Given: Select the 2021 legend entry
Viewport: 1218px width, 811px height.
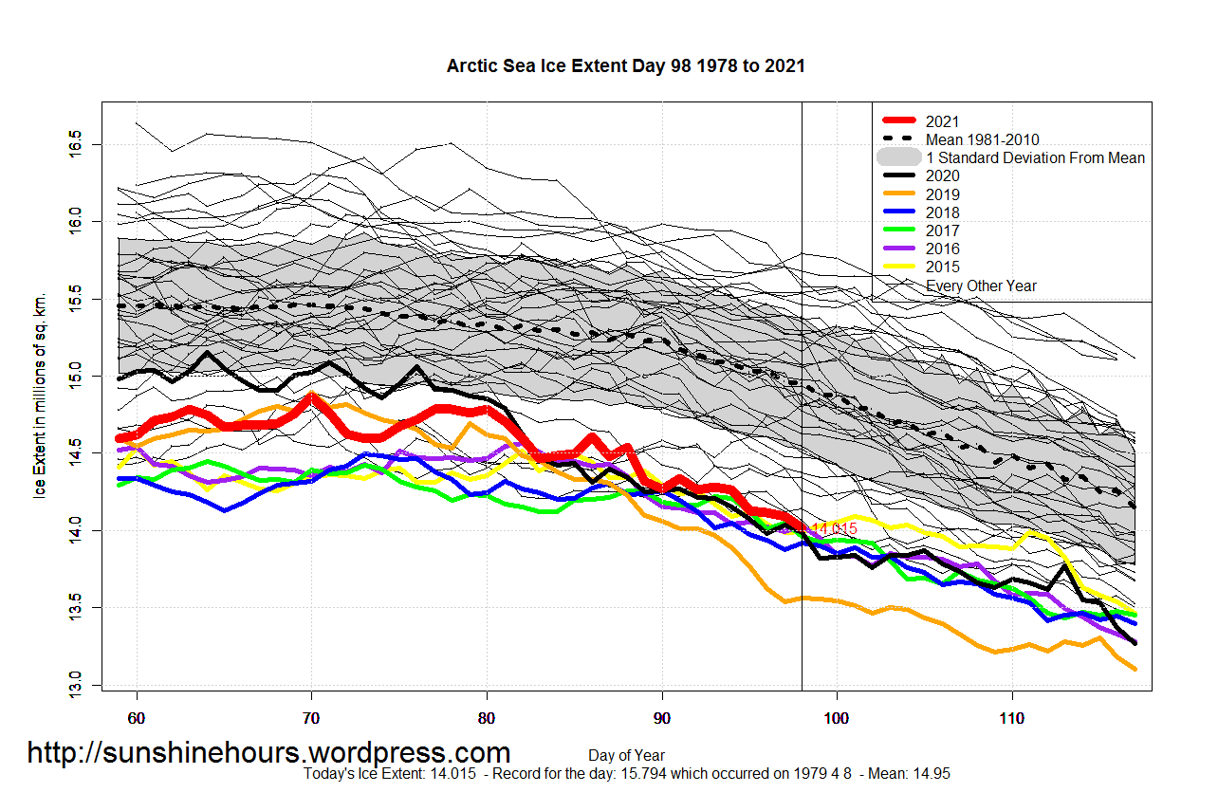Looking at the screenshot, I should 942,121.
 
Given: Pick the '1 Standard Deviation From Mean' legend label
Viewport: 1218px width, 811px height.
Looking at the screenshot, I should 1035,157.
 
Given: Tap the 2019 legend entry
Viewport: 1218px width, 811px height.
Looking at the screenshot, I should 942,194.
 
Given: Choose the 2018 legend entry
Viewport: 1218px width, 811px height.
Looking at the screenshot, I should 942,212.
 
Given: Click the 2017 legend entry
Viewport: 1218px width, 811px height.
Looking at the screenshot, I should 942,230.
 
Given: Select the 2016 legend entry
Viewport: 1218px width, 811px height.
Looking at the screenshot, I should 942,249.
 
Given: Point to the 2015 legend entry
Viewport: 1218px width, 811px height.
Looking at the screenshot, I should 942,267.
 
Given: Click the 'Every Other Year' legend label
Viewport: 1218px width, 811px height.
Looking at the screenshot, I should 981,286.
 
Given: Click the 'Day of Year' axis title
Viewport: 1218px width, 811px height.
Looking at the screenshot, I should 625,755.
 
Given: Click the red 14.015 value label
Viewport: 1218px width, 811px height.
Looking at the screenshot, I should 834,528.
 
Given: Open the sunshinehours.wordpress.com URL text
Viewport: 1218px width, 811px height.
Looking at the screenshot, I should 268,753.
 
